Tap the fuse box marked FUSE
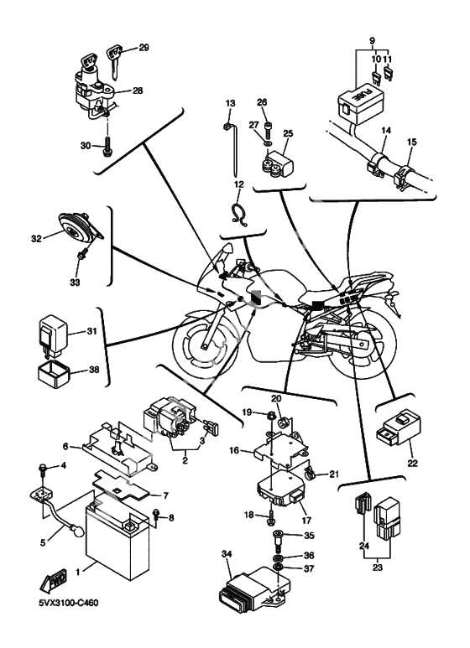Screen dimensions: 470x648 361,103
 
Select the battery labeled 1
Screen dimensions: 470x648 117,537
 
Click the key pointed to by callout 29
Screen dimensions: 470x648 115,60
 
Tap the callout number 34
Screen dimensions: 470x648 227,554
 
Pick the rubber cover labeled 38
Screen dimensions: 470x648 55,374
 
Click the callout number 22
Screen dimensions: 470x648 412,463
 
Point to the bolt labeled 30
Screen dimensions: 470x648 107,148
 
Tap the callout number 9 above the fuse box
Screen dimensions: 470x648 372,40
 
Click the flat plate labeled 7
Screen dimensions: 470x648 123,487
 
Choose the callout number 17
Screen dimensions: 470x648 306,521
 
